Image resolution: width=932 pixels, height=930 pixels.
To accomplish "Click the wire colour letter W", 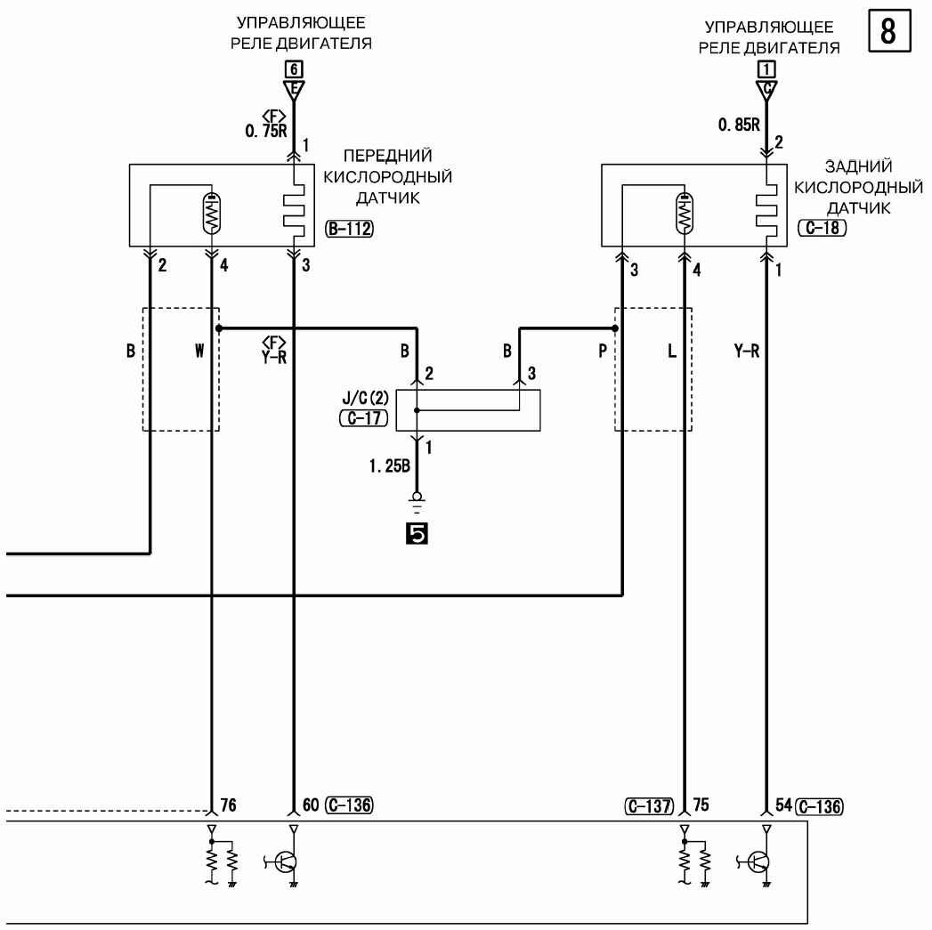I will pos(199,351).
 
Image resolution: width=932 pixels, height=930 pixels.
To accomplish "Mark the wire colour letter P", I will pos(603,351).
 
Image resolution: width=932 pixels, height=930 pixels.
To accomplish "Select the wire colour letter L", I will pos(672,351).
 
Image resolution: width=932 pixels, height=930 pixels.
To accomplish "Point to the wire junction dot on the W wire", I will pos(219,328).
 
